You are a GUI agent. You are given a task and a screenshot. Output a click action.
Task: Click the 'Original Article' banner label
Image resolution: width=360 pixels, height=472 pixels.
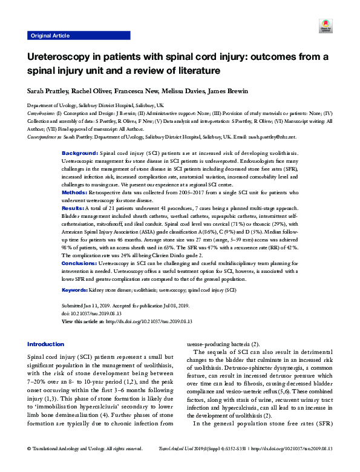49,36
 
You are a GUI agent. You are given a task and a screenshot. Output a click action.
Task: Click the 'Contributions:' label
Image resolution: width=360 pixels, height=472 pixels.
42,113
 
